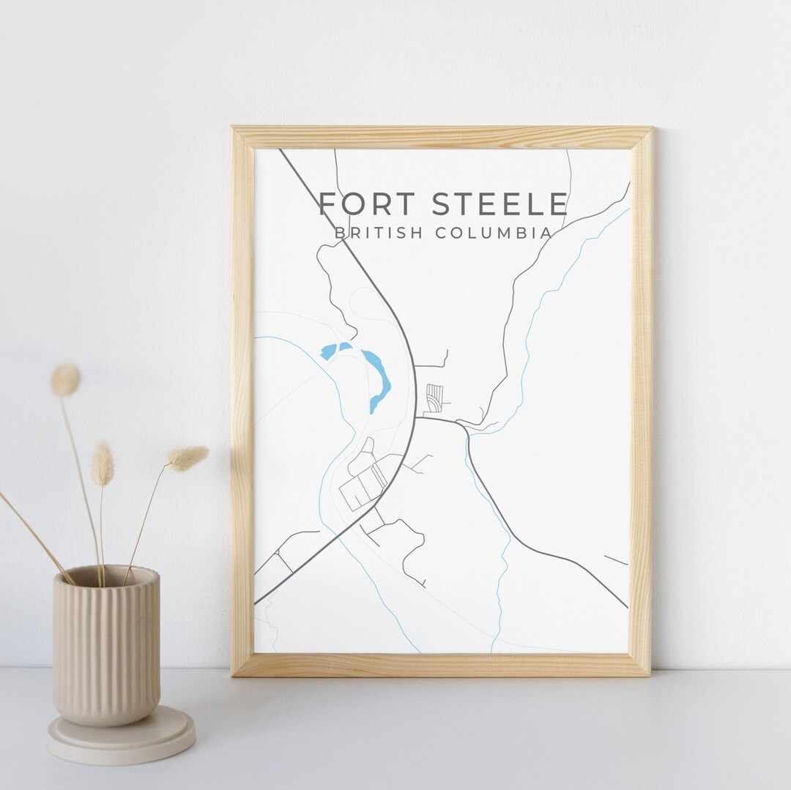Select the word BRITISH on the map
pos(378,234)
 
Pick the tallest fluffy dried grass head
pos(65,380)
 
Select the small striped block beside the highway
pos(435,395)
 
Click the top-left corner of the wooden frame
pos(234,130)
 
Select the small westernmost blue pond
pos(327,351)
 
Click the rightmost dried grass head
pos(189,458)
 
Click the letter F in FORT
pos(328,204)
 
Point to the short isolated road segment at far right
pos(616,560)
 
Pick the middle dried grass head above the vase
pos(103,463)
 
